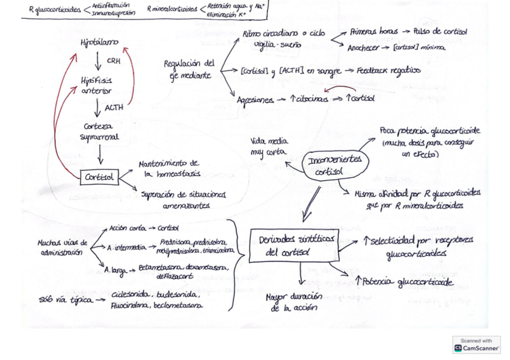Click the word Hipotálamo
tap(99, 43)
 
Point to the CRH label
tap(113, 61)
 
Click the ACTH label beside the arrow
tap(114, 108)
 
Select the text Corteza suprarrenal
tap(100, 132)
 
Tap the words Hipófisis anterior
tap(96, 85)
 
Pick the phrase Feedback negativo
tap(389, 72)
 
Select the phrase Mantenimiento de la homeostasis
tap(169, 169)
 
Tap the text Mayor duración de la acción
tap(294, 302)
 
